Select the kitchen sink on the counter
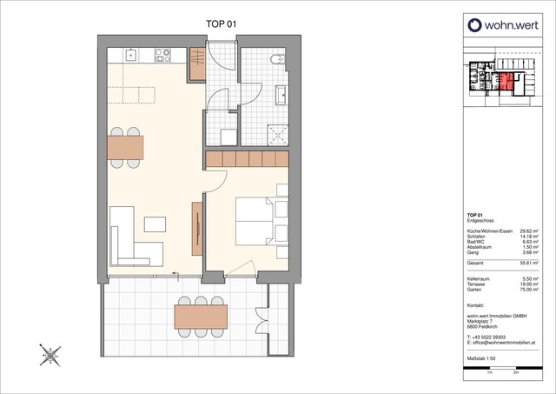pyautogui.click(x=130, y=55)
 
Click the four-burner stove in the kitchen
pyautogui.click(x=162, y=55)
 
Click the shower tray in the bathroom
pyautogui.click(x=275, y=132)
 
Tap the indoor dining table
pyautogui.click(x=126, y=145)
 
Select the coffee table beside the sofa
pyautogui.click(x=155, y=224)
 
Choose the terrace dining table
pyautogui.click(x=201, y=315)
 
